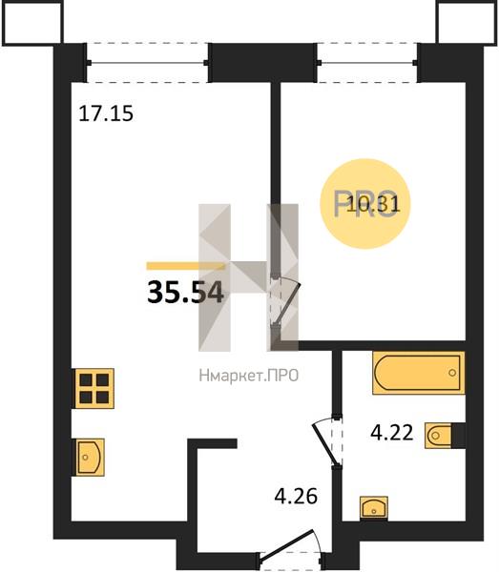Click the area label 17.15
pos(106,113)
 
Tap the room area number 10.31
pos(374,204)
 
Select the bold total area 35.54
pos(185,293)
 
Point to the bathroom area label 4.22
pos(392,433)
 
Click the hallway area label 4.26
pos(296,496)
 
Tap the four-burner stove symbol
pos(94,388)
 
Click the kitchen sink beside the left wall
pos(90,457)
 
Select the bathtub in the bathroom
pos(418,373)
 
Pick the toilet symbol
pos(439,436)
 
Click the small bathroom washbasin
pos(374,507)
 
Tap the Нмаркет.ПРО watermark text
pos(249,376)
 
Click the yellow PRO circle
pos(365,204)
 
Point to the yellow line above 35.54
pos(186,266)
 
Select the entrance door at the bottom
pos(288,550)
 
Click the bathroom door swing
pos(327,442)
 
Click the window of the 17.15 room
pos(148,63)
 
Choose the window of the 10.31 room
pos(367,63)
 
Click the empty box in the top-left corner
pos(32,23)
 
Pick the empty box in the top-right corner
pos(468,23)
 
